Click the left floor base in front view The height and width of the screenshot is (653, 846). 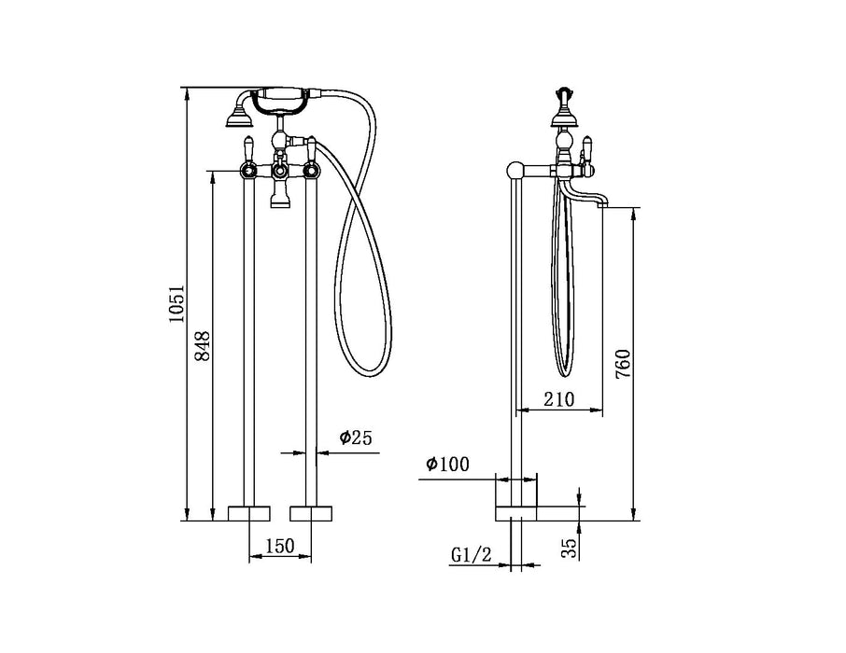[x=250, y=513]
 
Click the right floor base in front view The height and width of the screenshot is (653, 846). [x=312, y=513]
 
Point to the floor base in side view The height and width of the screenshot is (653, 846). [x=516, y=512]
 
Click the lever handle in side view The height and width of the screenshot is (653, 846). [x=587, y=148]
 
